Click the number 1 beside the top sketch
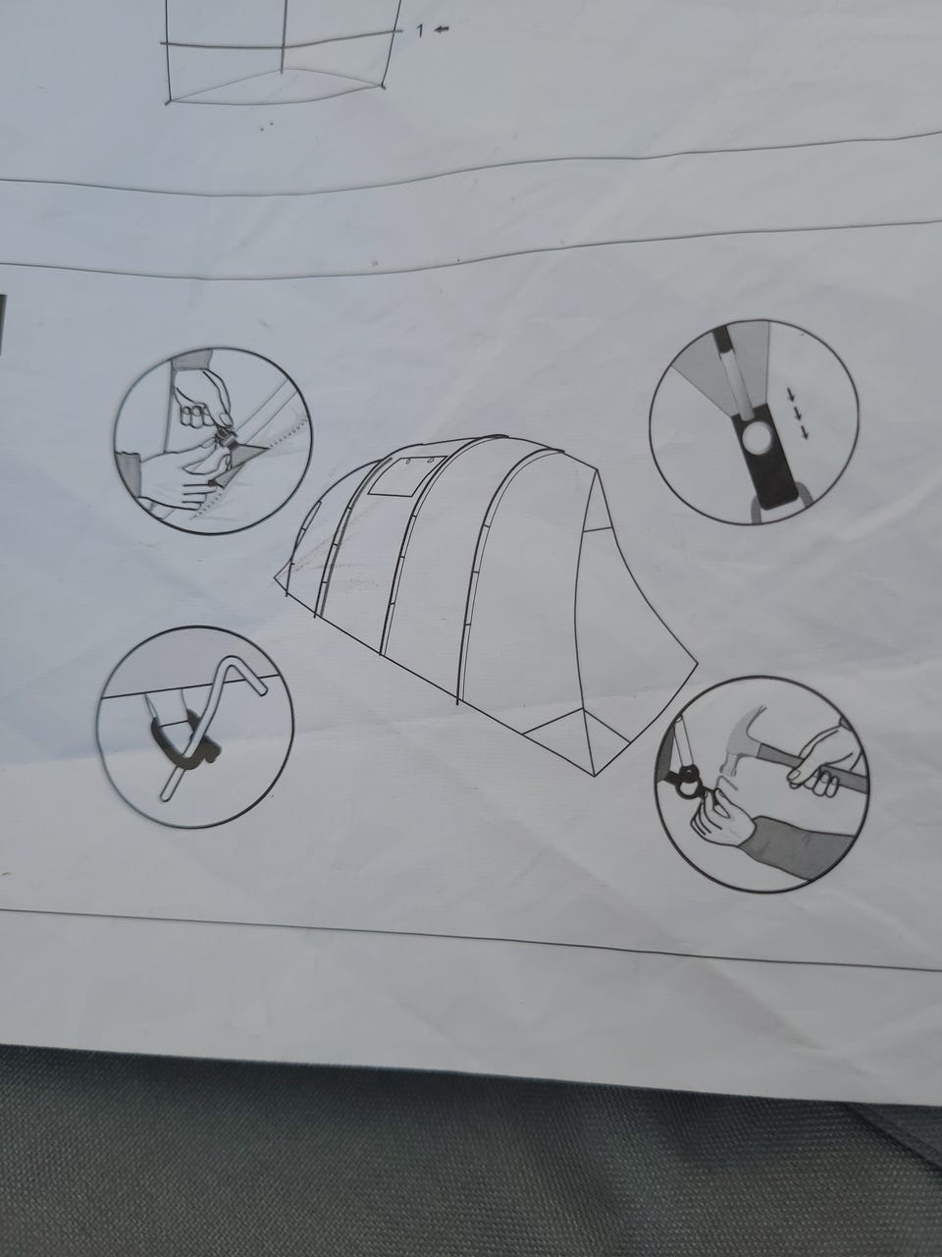coord(420,31)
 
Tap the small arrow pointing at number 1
coord(441,29)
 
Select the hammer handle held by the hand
coord(818,766)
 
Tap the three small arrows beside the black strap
coord(799,412)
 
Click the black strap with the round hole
coord(765,460)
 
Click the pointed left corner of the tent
coord(275,577)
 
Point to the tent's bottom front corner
coord(596,776)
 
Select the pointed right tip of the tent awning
coord(696,664)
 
